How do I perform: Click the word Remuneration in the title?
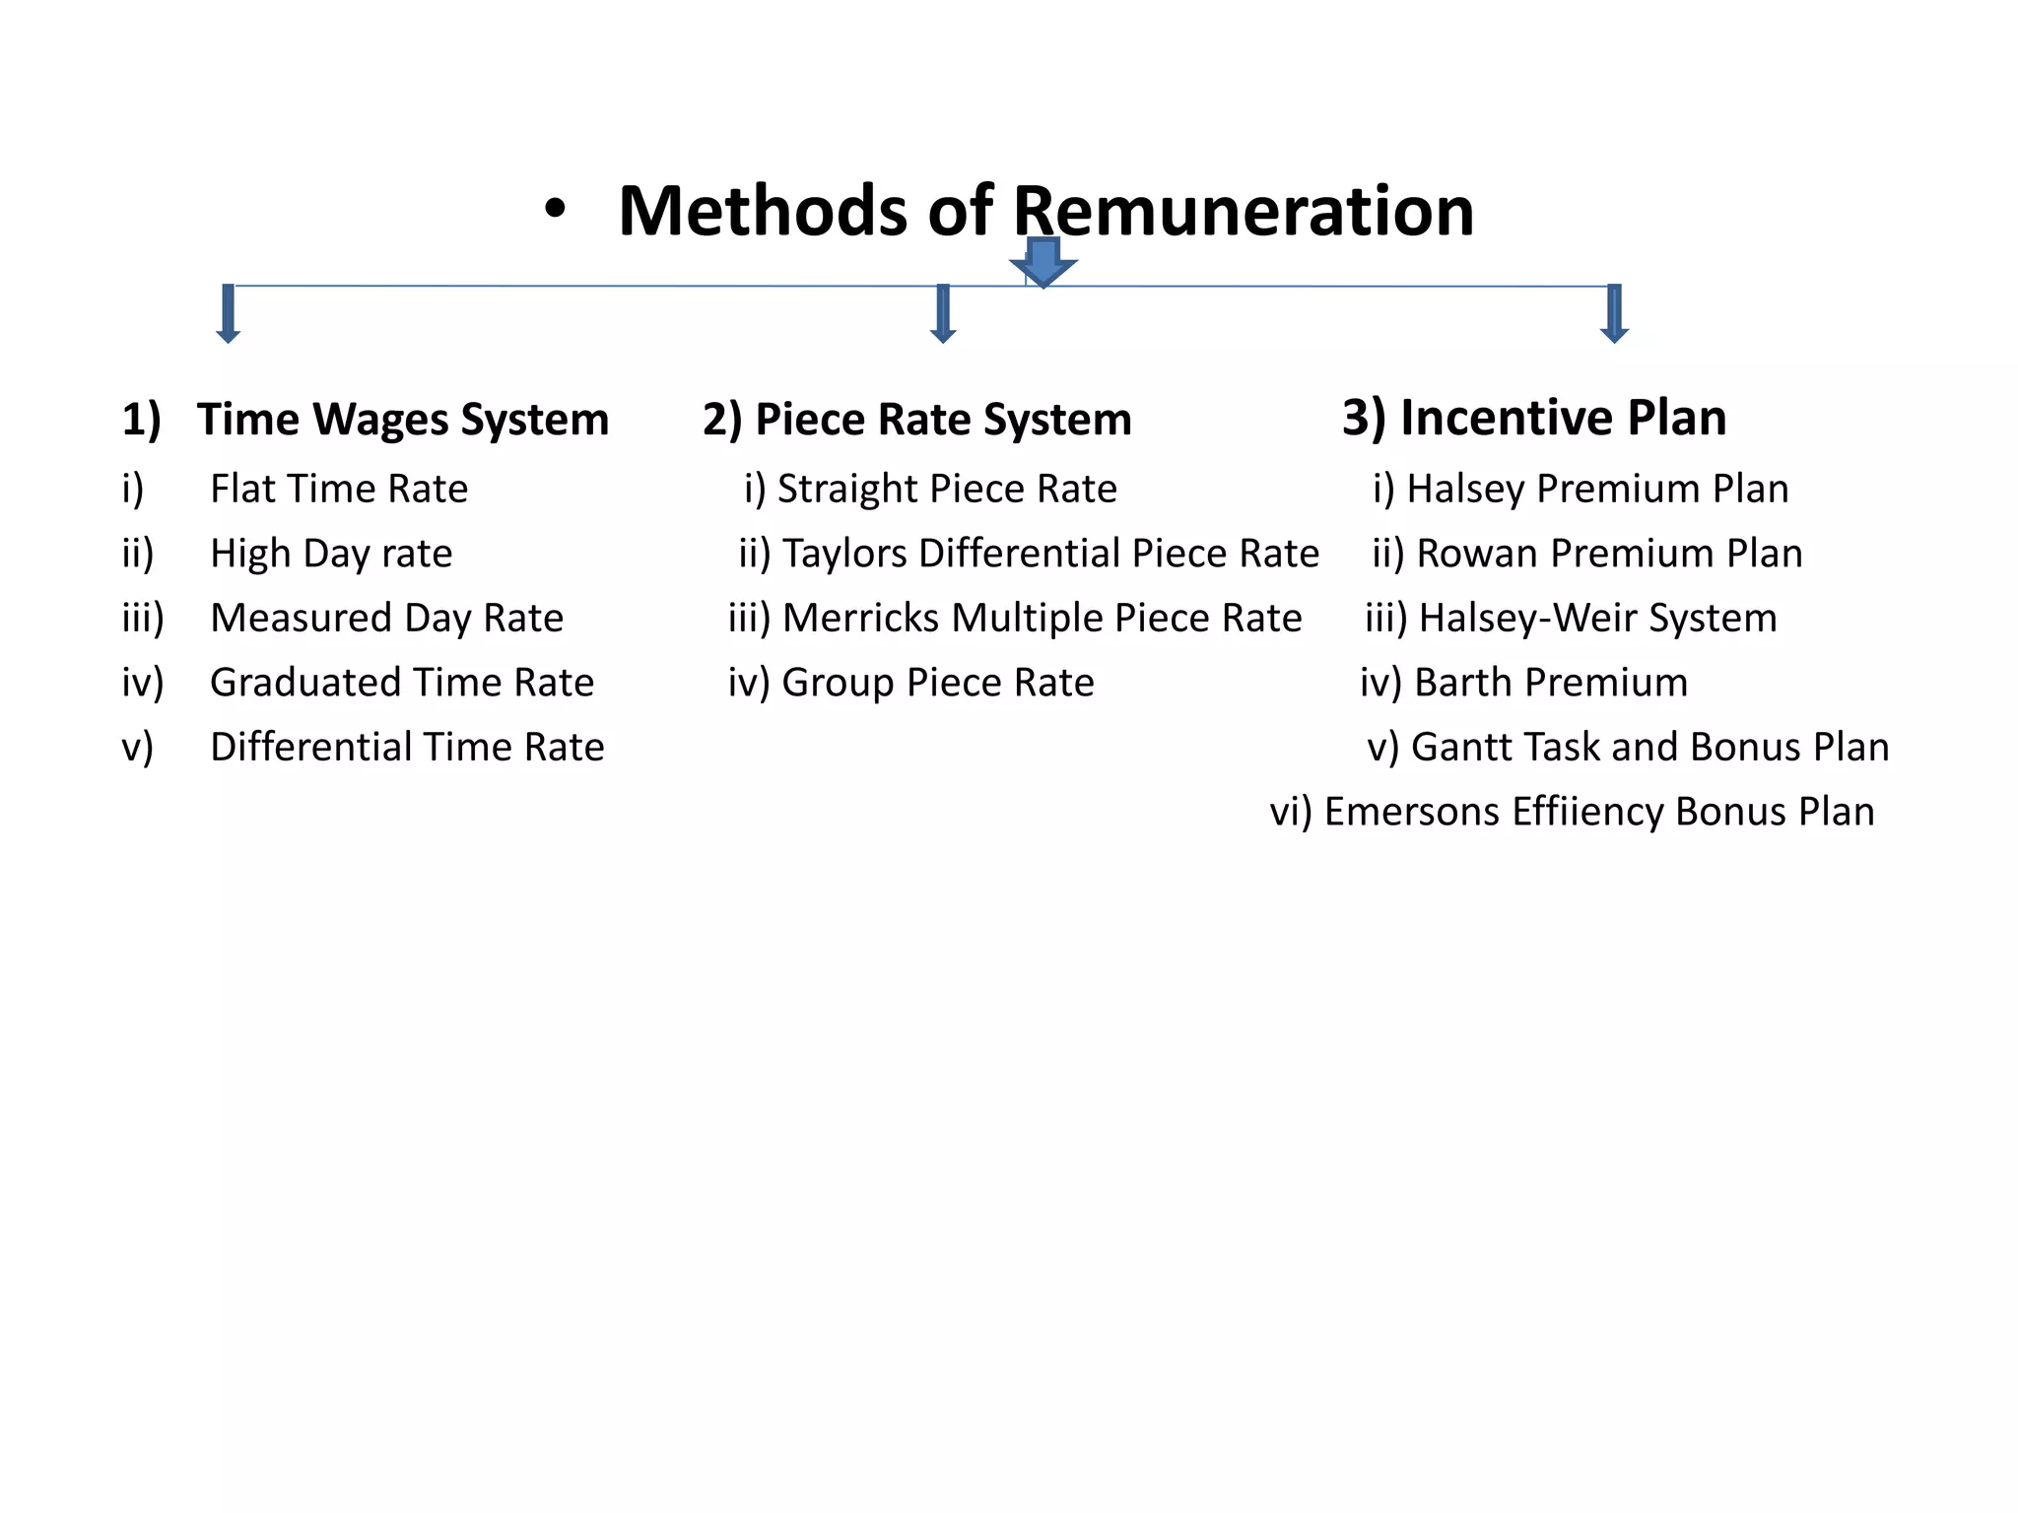coord(1243,211)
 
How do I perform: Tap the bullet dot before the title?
coord(556,209)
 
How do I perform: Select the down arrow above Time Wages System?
coord(229,314)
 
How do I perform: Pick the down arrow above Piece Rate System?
coord(943,314)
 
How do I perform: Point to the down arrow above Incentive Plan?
coord(1614,314)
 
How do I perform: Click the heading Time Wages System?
coord(402,420)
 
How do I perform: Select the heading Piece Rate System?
coord(942,420)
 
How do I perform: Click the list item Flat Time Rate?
coord(339,489)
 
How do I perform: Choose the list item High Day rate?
coord(331,554)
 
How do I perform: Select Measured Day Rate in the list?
coord(386,619)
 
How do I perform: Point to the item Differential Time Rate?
coord(407,748)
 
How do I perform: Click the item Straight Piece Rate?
coord(947,489)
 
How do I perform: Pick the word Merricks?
coord(860,619)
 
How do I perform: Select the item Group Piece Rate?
coord(937,683)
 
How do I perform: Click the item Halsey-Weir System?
coord(1597,619)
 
